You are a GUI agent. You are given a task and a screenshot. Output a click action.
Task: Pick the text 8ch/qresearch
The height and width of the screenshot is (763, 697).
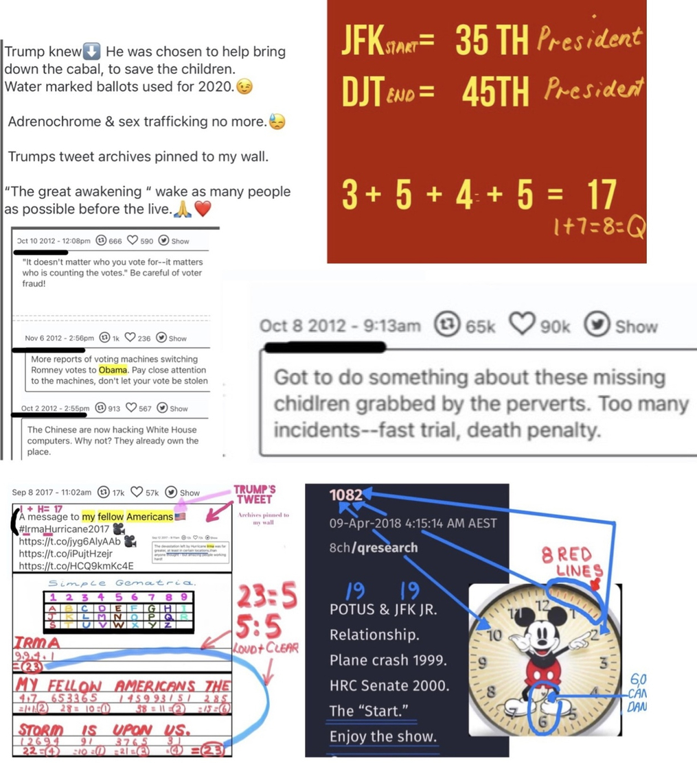[373, 548]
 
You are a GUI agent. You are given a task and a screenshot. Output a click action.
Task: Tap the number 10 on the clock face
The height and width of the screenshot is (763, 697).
[494, 635]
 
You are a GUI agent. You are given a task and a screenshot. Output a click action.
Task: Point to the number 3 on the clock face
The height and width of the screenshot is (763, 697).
[603, 664]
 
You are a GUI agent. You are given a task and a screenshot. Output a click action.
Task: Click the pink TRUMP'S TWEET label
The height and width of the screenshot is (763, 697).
[255, 495]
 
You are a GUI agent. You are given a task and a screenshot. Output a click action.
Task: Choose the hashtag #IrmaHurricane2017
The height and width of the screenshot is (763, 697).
[65, 528]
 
